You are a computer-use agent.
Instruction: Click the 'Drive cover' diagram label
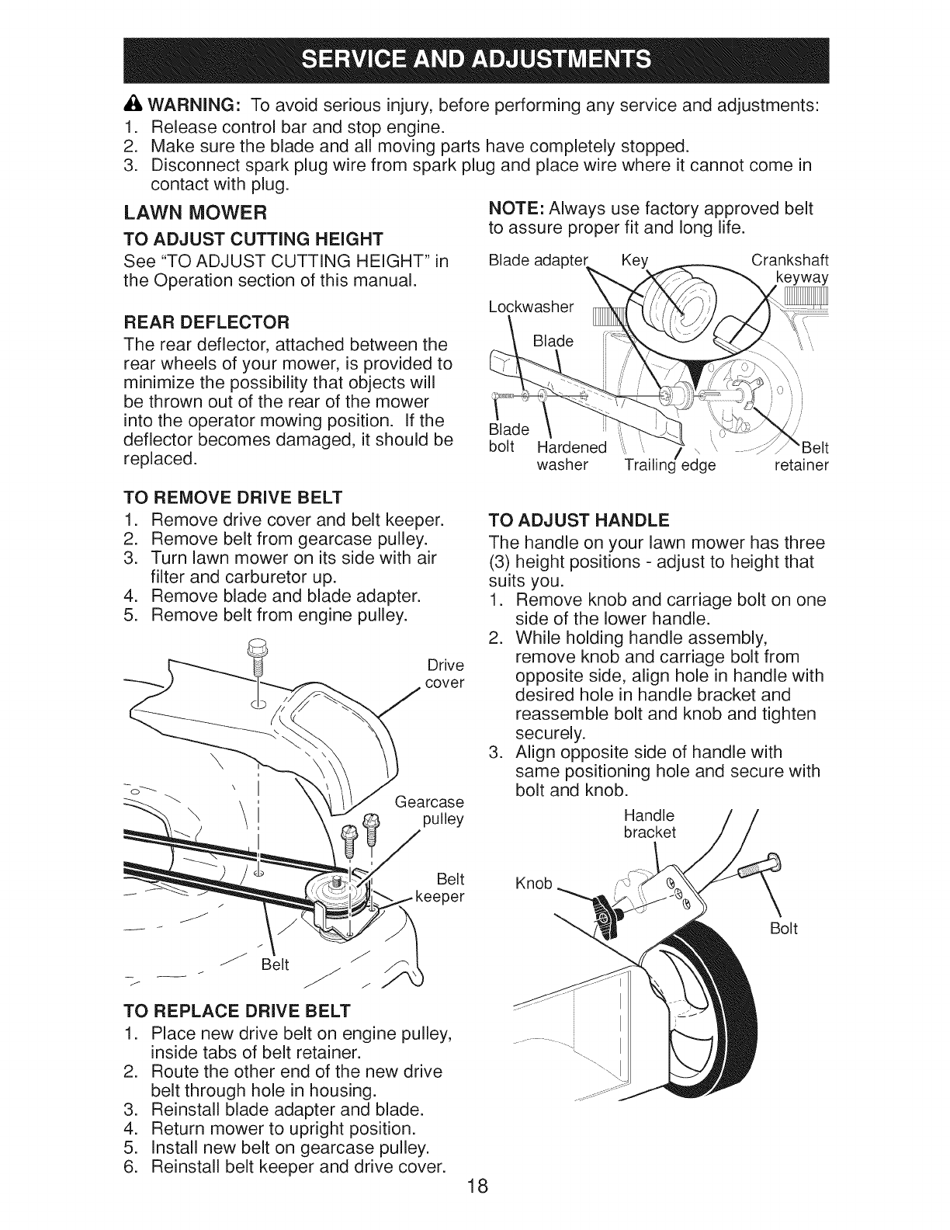(446, 674)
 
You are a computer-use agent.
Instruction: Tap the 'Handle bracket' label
(650, 824)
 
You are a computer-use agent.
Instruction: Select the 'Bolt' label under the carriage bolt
(783, 929)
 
